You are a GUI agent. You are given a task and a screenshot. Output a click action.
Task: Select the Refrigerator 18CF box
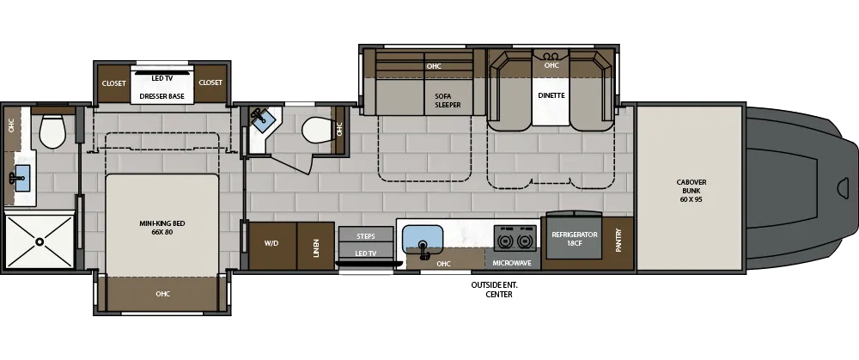(573, 240)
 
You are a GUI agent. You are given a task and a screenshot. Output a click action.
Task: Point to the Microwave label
(511, 263)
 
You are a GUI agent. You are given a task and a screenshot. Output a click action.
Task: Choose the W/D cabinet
(271, 244)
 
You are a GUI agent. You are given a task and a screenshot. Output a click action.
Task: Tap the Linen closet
(315, 246)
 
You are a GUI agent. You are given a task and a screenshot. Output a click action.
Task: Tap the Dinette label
(551, 95)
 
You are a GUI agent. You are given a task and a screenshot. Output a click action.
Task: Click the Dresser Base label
(162, 96)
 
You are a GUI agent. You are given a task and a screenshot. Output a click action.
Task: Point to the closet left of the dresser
(114, 83)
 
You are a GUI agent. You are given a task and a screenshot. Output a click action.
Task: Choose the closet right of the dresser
(210, 83)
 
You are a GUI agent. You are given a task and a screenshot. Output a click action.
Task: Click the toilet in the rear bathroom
(52, 131)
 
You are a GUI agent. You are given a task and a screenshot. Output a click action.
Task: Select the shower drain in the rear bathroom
(39, 243)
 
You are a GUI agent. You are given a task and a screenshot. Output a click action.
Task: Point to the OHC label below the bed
(162, 295)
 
